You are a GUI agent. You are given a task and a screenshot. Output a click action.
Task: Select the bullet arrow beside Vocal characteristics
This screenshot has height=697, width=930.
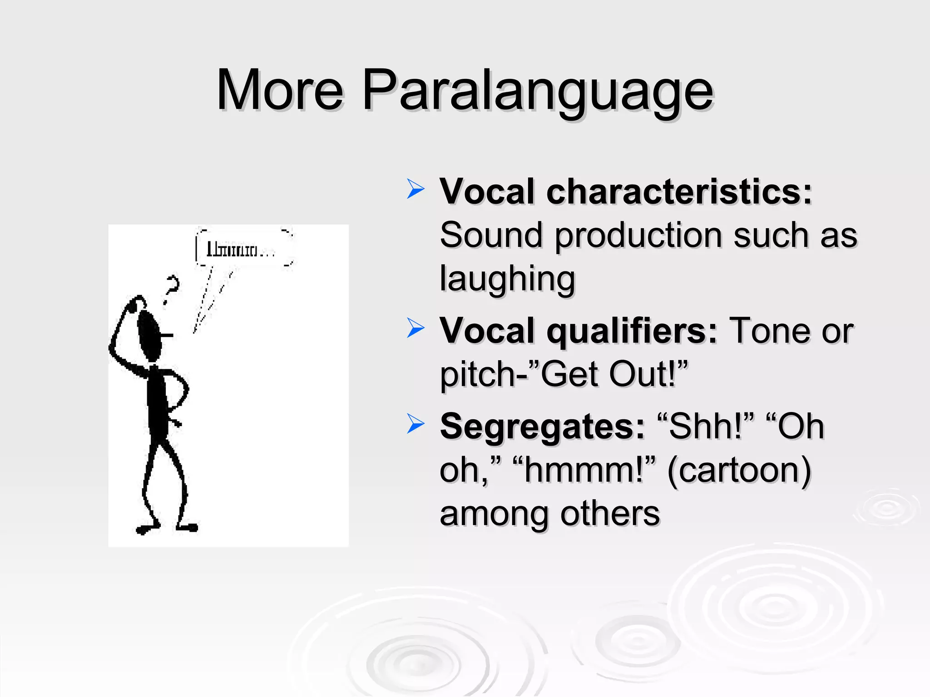pyautogui.click(x=415, y=189)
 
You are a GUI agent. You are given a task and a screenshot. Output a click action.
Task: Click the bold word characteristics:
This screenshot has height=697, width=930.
pyautogui.click(x=679, y=191)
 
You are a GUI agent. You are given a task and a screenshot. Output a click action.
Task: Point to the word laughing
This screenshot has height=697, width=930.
pyautogui.click(x=507, y=279)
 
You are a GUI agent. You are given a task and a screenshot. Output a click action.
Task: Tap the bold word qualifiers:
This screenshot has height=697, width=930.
pyautogui.click(x=632, y=331)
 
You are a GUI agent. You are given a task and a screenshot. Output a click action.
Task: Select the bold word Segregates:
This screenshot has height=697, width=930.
pyautogui.click(x=542, y=427)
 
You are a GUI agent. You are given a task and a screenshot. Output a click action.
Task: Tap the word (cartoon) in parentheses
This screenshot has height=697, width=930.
pyautogui.click(x=739, y=470)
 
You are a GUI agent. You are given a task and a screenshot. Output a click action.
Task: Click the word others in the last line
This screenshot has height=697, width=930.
pyautogui.click(x=610, y=514)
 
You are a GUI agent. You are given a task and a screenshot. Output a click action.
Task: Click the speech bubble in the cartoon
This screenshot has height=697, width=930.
pyautogui.click(x=244, y=249)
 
